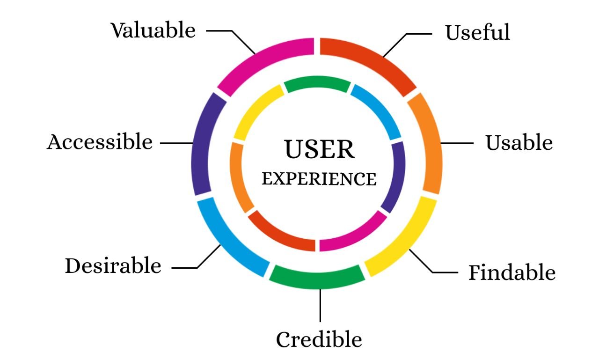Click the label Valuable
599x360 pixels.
[x=153, y=30]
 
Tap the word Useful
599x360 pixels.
[x=477, y=33]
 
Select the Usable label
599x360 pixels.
[x=519, y=143]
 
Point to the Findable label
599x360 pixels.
[x=512, y=272]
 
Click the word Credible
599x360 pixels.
[x=319, y=339]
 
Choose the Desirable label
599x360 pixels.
[x=113, y=266]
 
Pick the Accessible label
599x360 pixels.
[x=100, y=142]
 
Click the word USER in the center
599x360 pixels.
[x=320, y=149]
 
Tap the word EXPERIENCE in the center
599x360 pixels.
[x=319, y=179]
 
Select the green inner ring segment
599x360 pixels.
[x=317, y=83]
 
